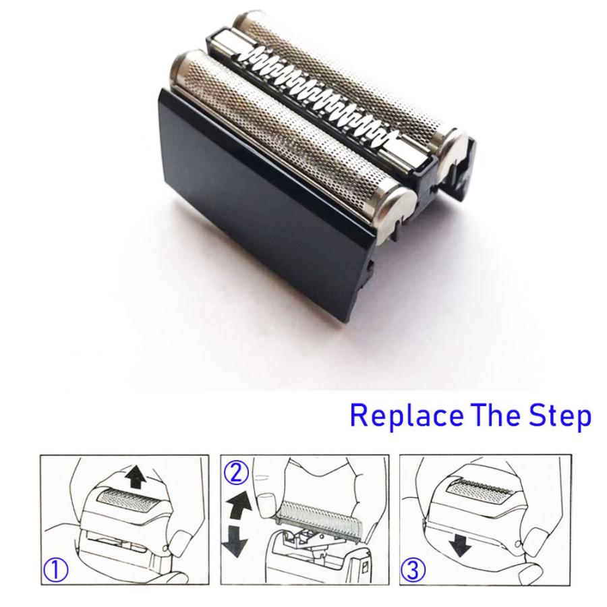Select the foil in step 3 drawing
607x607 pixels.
point(480,492)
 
